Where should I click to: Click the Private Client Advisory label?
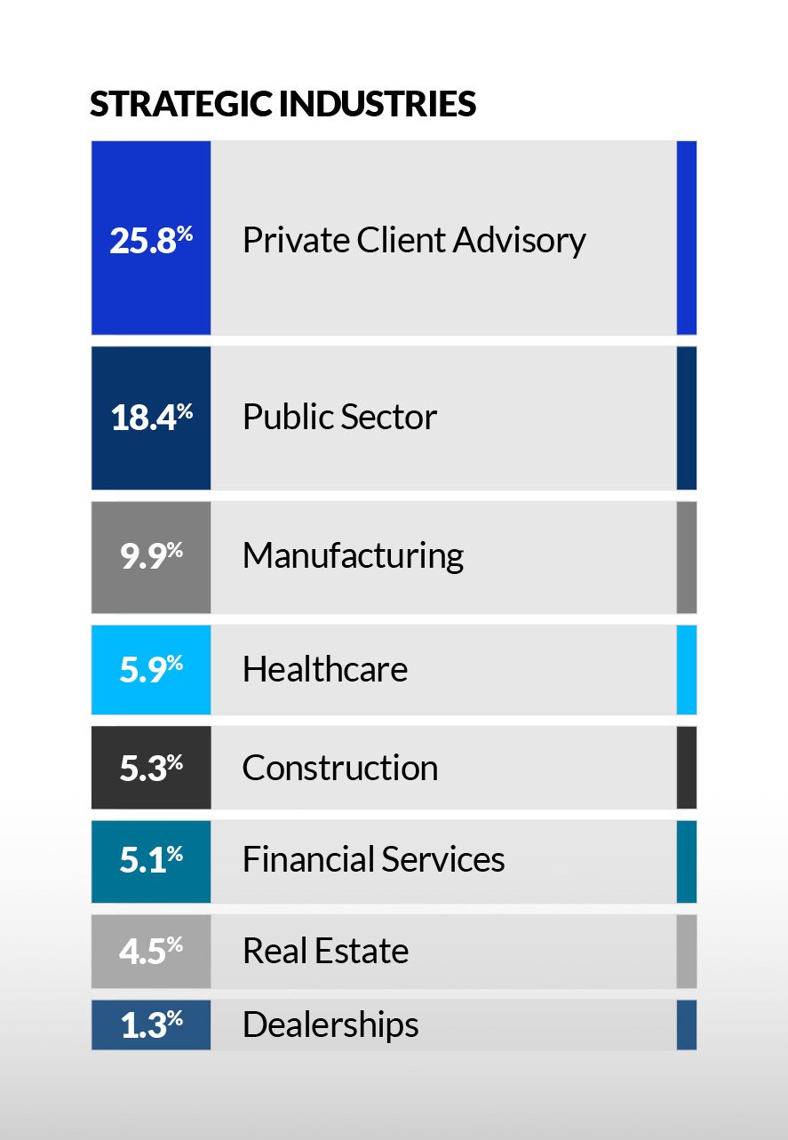pos(414,240)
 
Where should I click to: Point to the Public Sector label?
pos(339,418)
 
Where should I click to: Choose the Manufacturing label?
pos(353,556)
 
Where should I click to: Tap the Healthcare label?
pos(324,669)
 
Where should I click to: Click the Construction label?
pos(339,768)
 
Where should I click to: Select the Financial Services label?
pos(373,860)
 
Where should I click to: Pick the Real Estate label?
pos(325,951)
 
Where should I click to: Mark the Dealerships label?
pos(330,1024)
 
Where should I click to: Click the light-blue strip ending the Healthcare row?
pos(686,669)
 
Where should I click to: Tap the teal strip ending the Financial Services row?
pos(686,860)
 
